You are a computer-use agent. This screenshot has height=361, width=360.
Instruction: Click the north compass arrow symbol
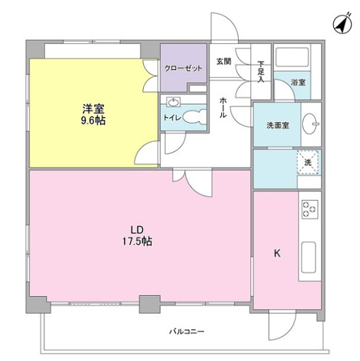(x=343, y=24)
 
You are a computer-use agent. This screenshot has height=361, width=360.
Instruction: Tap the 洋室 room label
(x=93, y=109)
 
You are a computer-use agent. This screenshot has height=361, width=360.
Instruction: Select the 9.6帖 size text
(x=93, y=121)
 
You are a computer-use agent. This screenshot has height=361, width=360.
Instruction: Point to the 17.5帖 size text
(x=137, y=241)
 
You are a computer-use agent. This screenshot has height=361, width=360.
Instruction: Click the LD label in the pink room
(x=137, y=230)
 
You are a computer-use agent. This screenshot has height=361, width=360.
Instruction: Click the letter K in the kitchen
(x=277, y=253)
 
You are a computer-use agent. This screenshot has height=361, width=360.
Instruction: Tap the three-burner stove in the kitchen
(x=310, y=209)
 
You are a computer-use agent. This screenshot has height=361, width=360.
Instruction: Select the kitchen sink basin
(x=309, y=257)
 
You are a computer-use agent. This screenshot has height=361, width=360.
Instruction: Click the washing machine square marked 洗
(x=307, y=162)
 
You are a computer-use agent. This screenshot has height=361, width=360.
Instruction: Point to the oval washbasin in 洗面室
(x=309, y=124)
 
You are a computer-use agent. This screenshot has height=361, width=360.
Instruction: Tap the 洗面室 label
(x=278, y=126)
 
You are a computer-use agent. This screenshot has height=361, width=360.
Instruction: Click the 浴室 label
(x=298, y=82)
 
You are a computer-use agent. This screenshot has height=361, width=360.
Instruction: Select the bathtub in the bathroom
(x=292, y=57)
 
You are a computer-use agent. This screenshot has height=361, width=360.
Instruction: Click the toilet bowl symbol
(x=194, y=117)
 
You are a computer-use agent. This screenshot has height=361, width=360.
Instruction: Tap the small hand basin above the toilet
(x=173, y=103)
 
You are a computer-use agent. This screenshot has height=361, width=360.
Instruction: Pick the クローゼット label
(x=183, y=69)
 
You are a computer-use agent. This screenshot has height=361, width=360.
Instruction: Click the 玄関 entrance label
(x=223, y=61)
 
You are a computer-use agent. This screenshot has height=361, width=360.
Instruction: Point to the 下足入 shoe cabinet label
(x=261, y=71)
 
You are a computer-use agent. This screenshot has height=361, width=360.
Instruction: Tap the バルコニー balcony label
(x=187, y=331)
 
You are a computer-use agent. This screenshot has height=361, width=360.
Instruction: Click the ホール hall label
(x=223, y=108)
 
